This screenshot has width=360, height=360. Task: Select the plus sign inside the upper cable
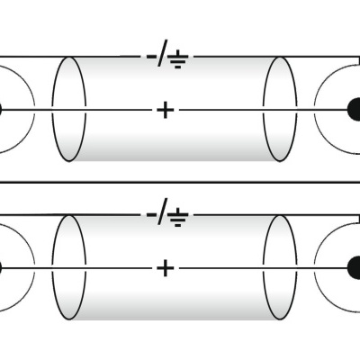click(165, 110)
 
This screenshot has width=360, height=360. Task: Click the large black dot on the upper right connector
click(355, 109)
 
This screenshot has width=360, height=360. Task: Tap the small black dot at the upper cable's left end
click(2, 110)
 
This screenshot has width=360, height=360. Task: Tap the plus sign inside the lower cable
click(165, 267)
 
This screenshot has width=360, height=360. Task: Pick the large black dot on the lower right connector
click(355, 267)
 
